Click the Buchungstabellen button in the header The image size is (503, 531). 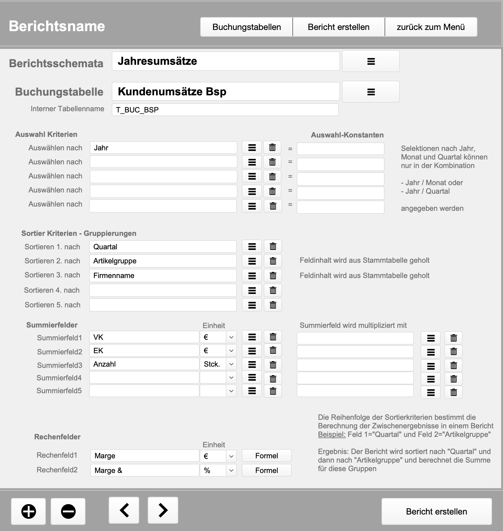point(247,27)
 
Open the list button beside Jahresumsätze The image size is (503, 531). point(371,61)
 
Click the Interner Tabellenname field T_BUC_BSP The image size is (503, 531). point(225,110)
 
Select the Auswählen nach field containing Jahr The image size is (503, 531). point(163,148)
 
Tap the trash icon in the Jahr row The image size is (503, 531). point(272,148)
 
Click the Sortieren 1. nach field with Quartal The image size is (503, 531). point(163,247)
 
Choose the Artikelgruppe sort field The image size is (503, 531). point(163,261)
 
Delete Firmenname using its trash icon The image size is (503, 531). point(273,276)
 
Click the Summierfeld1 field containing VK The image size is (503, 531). point(144,337)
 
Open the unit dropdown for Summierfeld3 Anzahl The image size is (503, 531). point(231,364)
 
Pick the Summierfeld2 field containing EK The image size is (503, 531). point(144,351)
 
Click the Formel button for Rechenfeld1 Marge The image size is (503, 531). point(266,456)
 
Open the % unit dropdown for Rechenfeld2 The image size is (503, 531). point(231,471)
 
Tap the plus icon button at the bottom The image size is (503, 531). point(28,511)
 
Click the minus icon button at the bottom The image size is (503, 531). point(68,511)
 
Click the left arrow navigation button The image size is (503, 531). point(124,510)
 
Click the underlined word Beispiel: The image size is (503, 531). point(332,434)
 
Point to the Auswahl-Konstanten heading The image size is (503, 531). point(347,135)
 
